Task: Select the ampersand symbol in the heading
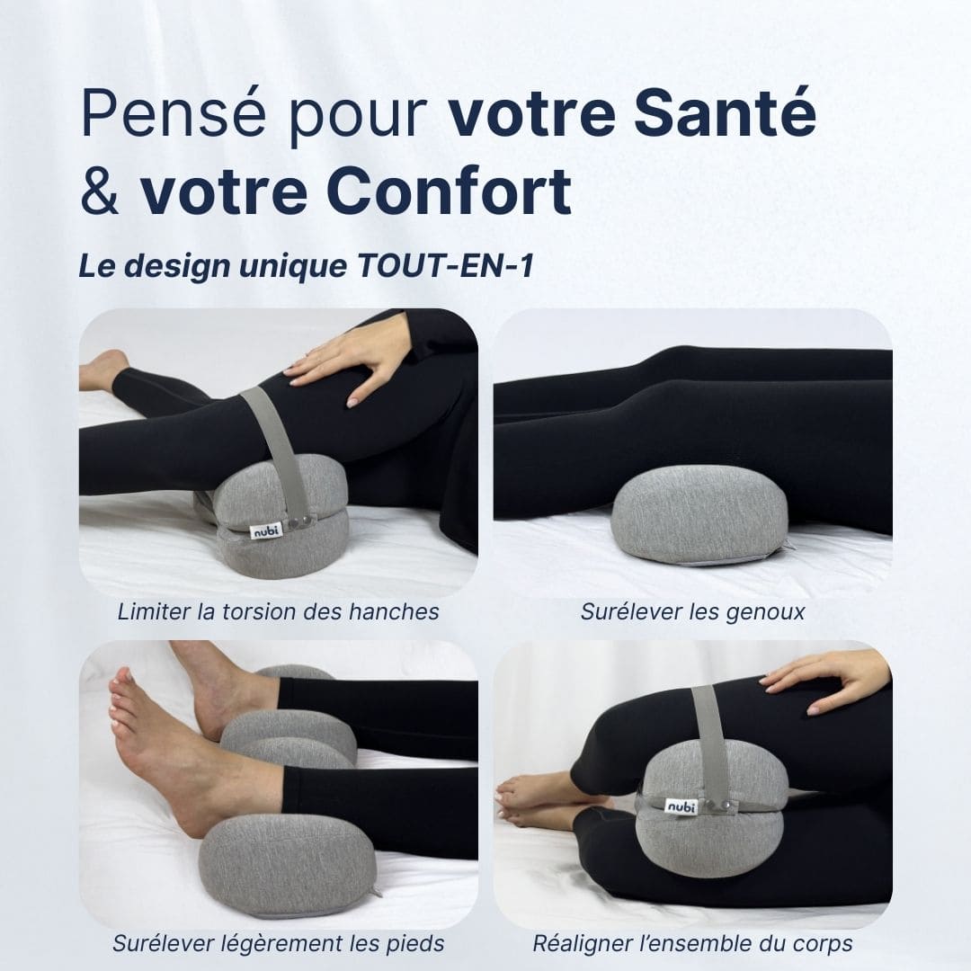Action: click(100, 192)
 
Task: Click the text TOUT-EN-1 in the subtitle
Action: click(443, 268)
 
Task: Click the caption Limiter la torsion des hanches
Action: click(278, 612)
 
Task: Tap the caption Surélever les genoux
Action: click(692, 612)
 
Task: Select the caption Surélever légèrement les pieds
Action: click(278, 943)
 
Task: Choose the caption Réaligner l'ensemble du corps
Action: click(692, 943)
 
